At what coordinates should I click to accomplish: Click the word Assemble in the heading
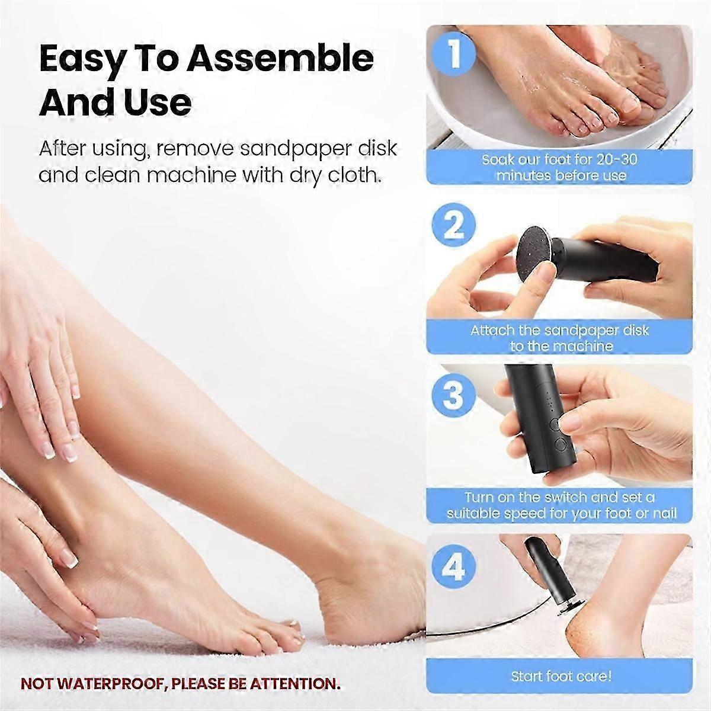point(280,58)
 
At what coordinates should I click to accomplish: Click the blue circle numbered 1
point(454,52)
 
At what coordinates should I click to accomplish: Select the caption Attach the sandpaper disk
point(559,330)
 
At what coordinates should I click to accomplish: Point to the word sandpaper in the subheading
point(294,149)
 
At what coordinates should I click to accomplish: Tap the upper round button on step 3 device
point(555,424)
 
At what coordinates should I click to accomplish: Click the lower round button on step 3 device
point(560,444)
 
